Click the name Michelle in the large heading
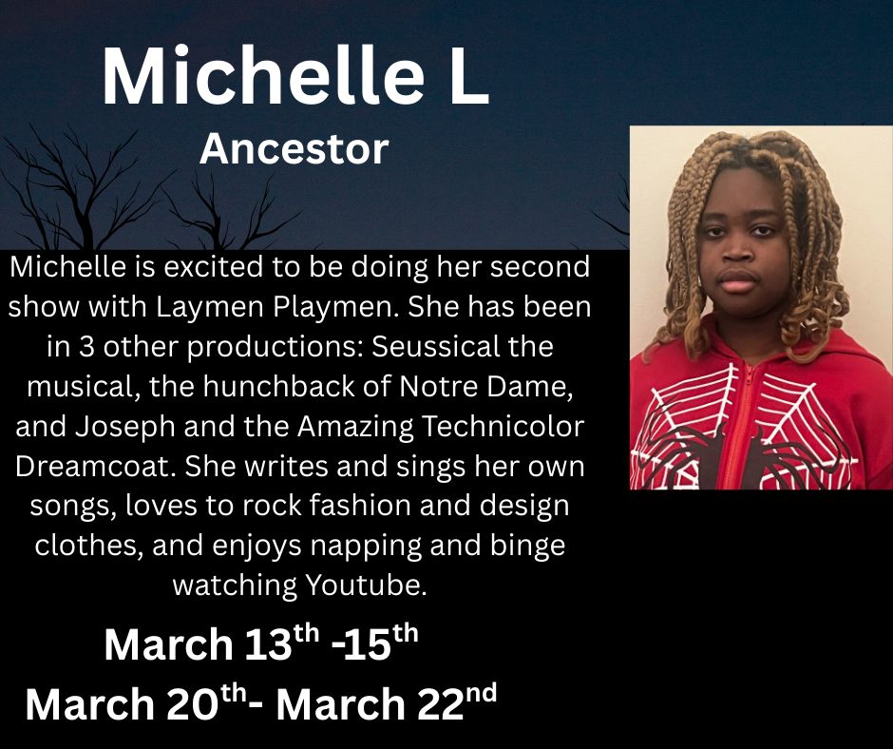pos(263,75)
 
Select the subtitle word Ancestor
pos(294,149)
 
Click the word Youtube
pos(366,585)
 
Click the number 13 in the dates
pos(268,644)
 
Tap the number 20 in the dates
pos(191,704)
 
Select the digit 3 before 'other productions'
pos(86,347)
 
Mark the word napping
pos(366,546)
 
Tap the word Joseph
pos(124,426)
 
